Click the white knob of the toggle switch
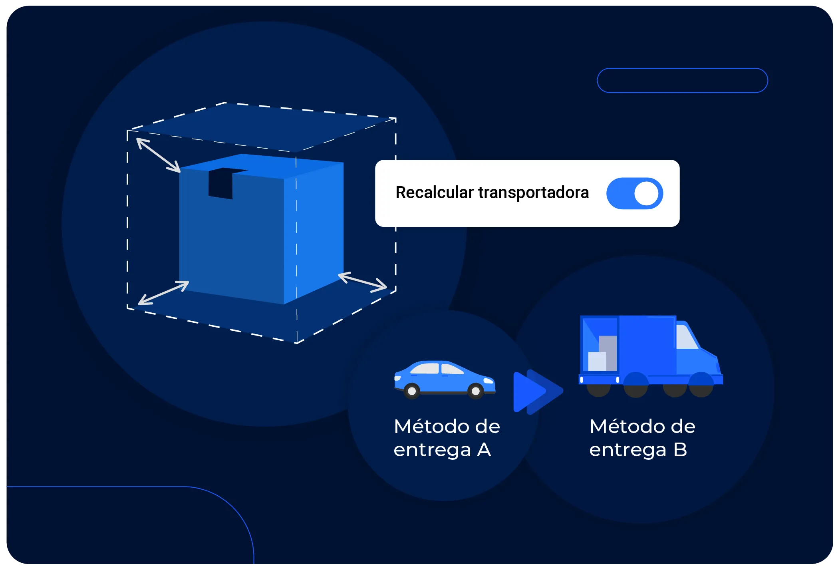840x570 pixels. coord(646,193)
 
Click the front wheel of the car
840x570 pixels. coord(476,391)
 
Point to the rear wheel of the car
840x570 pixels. coord(411,391)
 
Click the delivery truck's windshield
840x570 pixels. coord(686,337)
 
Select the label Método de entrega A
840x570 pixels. coord(447,438)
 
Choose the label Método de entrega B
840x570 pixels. coord(642,438)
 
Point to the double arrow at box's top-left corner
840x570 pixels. coord(158,155)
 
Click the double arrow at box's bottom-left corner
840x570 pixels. coord(163,293)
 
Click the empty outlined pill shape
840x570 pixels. coord(682,80)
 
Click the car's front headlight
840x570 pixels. coord(488,381)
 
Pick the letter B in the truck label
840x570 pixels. coord(680,450)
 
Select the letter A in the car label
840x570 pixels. coord(484,450)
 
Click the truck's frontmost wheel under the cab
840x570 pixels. coord(701,385)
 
